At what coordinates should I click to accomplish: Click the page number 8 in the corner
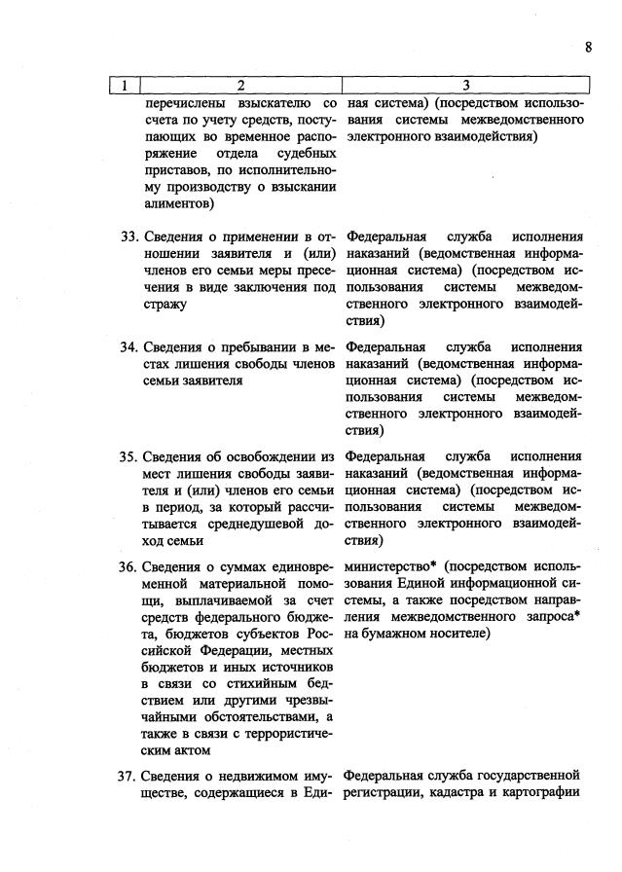tap(589, 47)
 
